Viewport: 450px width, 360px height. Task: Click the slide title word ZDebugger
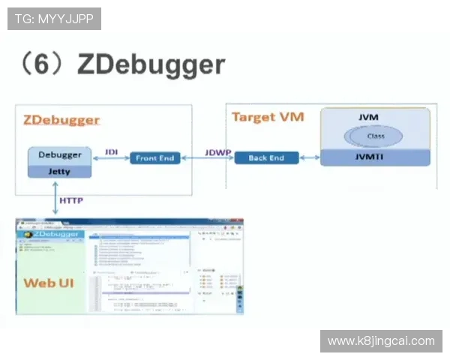(151, 65)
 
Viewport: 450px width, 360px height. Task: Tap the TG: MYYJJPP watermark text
(54, 19)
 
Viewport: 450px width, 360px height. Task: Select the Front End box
(156, 158)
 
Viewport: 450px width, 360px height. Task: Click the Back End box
(267, 158)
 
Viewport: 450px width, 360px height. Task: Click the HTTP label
(70, 200)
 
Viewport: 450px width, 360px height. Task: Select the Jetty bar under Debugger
(60, 171)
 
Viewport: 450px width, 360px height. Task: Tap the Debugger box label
(60, 154)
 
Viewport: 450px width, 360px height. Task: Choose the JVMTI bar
(375, 157)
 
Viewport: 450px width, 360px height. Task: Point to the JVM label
(368, 118)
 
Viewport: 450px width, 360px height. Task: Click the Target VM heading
(262, 117)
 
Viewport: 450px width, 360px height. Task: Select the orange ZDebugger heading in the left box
(61, 120)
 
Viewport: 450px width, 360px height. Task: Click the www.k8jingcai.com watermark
(381, 341)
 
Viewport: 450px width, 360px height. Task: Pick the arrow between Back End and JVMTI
(310, 158)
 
